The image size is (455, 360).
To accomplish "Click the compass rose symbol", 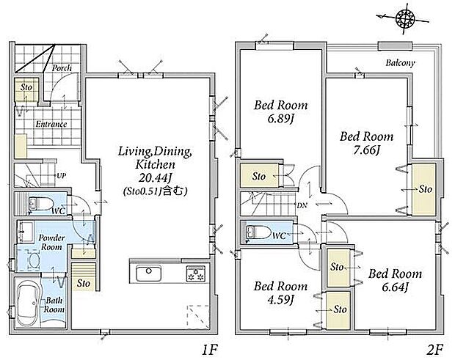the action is point(405,19).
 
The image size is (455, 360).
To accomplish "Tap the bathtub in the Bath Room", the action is point(28,304).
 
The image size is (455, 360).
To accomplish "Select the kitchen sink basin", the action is point(149,273).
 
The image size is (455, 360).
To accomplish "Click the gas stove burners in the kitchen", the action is point(196,273).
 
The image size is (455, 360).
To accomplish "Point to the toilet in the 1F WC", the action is point(40,204).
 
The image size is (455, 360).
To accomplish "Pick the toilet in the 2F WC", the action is point(258,232).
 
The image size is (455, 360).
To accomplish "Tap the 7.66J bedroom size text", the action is point(367,150).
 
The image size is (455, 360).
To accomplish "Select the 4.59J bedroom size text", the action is point(280,300).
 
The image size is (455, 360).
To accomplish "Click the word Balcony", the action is point(400,62).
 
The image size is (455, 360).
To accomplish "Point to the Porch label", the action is point(62,68).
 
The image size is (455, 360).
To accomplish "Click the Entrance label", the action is point(51,124).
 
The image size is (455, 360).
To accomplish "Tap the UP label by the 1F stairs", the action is point(61,176).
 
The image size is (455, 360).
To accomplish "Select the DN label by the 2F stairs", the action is point(302,205).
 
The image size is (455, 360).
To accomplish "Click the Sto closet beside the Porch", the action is point(26,89).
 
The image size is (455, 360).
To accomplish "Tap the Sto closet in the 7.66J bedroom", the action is point(424,189).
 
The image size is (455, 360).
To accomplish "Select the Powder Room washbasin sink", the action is point(26,232).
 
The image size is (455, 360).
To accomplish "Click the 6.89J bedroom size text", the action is point(280,119).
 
